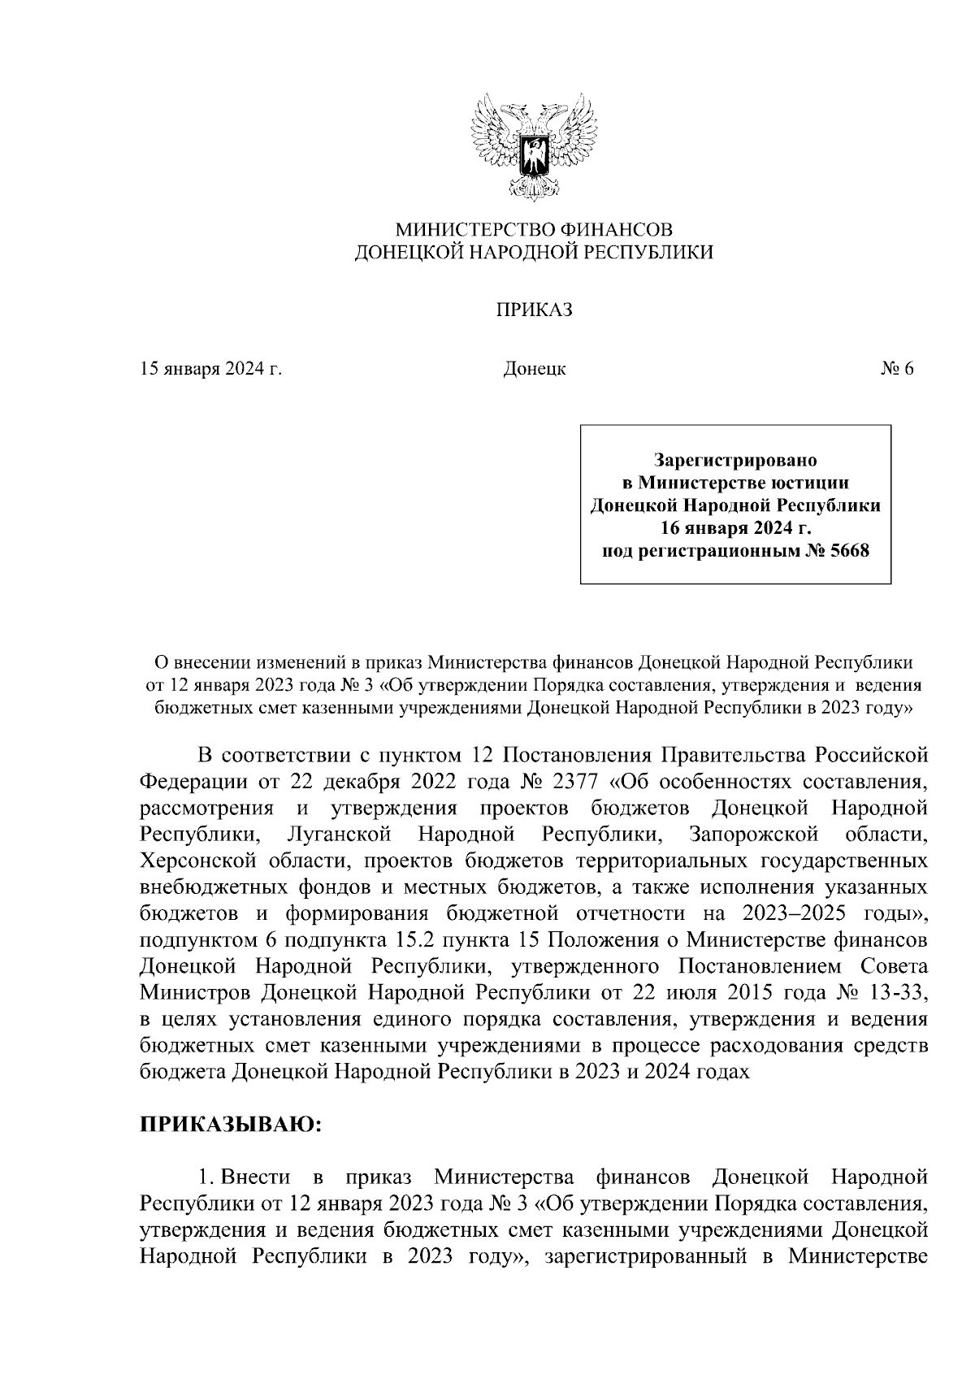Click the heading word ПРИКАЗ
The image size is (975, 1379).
point(535,310)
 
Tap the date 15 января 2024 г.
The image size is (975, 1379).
point(211,369)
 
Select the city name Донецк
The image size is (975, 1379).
point(535,369)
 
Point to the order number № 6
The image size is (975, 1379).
point(896,369)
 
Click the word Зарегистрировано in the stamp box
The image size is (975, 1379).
point(735,460)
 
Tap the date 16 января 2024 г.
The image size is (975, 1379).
point(735,529)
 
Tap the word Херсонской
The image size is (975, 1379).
point(201,861)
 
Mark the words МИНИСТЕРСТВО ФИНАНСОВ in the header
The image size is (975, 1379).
point(535,230)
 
